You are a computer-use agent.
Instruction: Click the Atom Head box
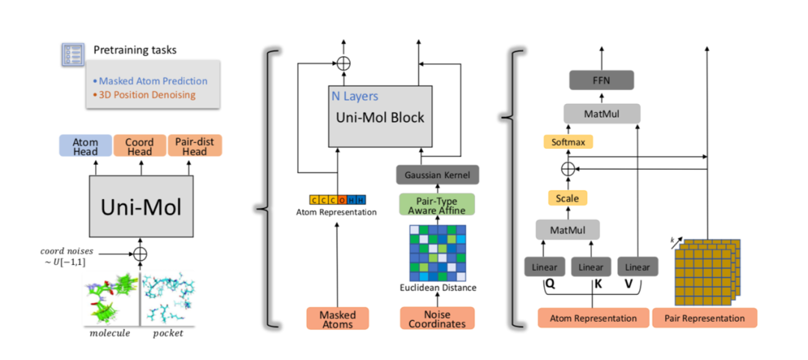tap(85, 145)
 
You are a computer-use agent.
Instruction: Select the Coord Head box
tap(140, 145)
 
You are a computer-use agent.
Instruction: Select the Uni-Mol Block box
tap(379, 116)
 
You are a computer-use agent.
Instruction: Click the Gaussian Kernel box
tap(437, 175)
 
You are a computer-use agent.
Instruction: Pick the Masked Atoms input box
tap(337, 318)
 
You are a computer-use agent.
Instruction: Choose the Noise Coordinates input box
tap(437, 318)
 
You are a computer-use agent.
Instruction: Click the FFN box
tap(602, 79)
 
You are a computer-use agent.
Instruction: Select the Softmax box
tap(568, 141)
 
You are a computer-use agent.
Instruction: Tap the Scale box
tap(568, 198)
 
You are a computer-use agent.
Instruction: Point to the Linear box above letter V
tap(637, 267)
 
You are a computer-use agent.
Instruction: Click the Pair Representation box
tap(705, 318)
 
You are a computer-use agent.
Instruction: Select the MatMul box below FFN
tap(602, 114)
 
